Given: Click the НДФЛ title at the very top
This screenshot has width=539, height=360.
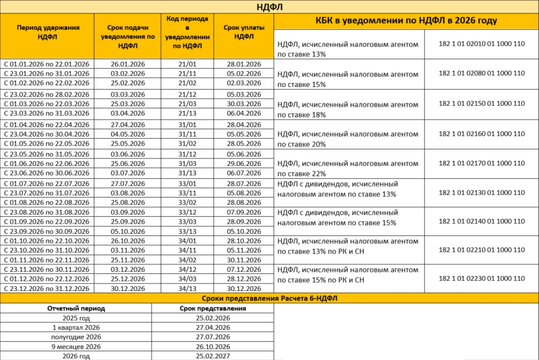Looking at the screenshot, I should (x=269, y=7).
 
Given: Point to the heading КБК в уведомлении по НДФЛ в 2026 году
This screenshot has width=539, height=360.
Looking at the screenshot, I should (x=406, y=21).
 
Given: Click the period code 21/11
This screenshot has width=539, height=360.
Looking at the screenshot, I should (x=187, y=73).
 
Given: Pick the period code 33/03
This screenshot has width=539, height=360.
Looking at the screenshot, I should (x=187, y=222).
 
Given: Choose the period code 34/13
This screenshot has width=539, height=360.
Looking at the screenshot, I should (x=187, y=288).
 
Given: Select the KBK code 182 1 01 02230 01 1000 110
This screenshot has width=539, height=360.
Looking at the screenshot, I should (x=481, y=278).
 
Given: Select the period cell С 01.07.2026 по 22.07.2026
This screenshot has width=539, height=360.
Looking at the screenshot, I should (x=47, y=183).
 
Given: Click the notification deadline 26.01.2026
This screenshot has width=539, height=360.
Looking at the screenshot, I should (x=128, y=64).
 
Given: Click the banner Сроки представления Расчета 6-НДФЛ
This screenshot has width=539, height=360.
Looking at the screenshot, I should (x=269, y=298).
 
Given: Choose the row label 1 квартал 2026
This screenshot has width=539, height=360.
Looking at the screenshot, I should (x=76, y=327).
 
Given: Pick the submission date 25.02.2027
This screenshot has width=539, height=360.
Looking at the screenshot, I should (x=212, y=356).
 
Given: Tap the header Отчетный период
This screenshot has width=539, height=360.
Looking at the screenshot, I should (x=76, y=308).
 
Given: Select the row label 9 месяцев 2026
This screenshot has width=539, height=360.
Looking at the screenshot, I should (x=76, y=347).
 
